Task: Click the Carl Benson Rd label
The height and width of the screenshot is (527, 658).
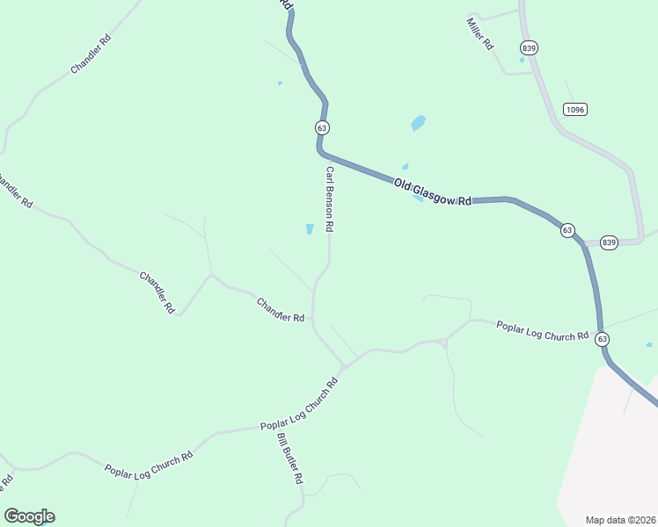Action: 329,199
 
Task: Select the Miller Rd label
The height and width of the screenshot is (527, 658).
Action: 480,33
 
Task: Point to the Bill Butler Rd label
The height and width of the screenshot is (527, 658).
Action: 289,458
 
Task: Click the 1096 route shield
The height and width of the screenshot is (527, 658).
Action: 575,109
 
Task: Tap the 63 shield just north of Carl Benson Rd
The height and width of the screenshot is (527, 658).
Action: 322,127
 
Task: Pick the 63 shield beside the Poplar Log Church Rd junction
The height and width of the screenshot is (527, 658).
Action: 602,338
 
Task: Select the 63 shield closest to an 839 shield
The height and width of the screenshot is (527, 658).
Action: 567,230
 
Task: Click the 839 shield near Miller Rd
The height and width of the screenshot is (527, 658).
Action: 529,47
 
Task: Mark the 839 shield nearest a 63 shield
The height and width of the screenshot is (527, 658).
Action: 609,242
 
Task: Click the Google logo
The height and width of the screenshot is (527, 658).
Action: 29,516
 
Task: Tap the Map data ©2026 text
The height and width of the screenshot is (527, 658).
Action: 620,520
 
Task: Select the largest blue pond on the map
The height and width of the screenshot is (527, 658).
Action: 419,123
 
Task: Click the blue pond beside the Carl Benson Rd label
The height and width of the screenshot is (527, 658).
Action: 310,229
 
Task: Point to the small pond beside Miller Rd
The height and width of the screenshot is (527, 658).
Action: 522,61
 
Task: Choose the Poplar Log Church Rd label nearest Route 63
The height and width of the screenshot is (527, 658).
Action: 542,331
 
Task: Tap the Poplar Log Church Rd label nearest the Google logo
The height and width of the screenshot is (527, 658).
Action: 149,466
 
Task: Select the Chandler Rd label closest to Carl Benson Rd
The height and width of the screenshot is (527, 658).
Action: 281,309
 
